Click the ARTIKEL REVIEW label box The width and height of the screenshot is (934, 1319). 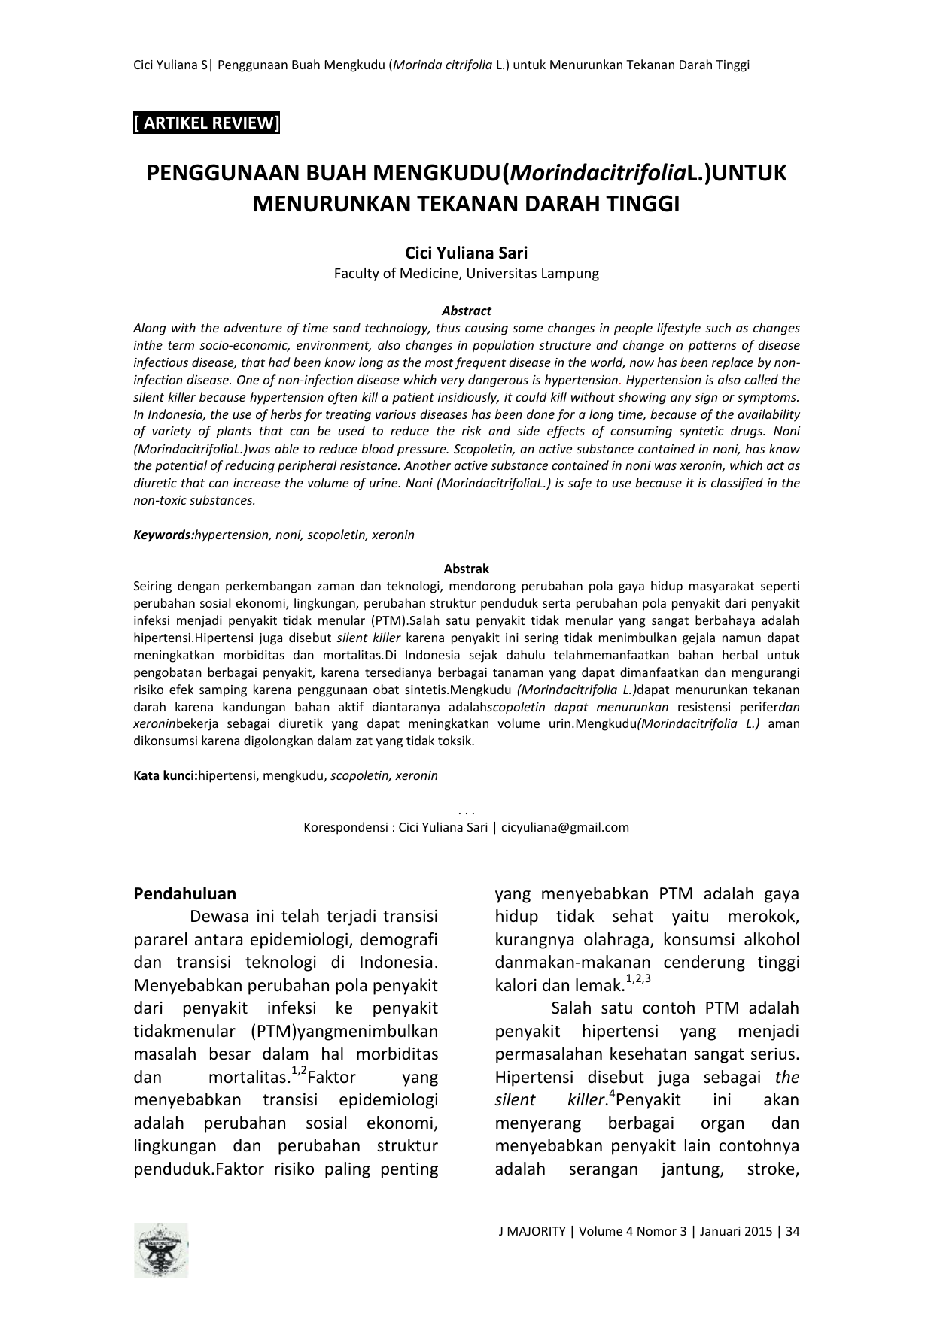[206, 123]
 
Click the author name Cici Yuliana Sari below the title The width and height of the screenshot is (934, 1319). [467, 253]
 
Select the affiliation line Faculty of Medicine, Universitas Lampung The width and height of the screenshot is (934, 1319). [467, 274]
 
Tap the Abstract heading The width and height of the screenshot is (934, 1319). [467, 311]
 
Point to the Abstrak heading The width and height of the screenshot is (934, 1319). [467, 569]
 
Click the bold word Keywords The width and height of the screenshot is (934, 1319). [163, 535]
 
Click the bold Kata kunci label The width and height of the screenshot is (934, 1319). [165, 775]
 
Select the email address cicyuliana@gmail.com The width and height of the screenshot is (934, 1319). [565, 828]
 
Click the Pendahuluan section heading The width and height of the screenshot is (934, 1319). [184, 894]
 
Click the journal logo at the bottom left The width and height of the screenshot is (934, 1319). [161, 1250]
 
